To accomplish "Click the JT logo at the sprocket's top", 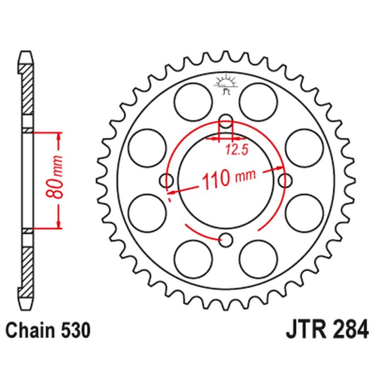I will (226, 84).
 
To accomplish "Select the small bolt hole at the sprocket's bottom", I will (227, 240).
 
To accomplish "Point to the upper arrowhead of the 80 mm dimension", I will (59, 136).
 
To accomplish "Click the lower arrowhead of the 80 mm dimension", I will (59, 224).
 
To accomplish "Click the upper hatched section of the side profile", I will (28, 89).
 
